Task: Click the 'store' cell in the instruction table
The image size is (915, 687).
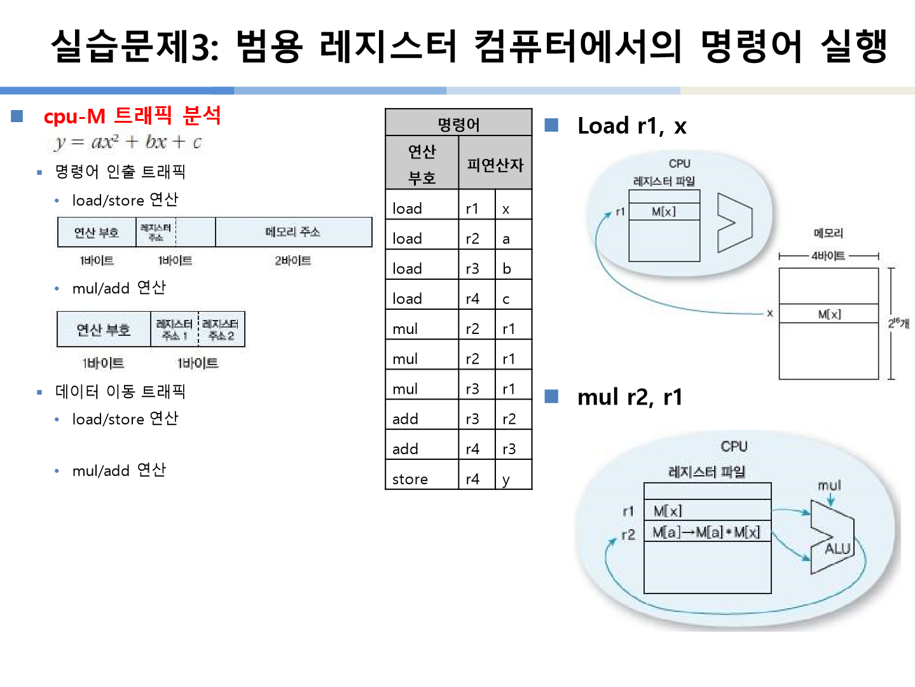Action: point(410,479)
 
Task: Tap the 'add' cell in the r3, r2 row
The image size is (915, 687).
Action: point(405,419)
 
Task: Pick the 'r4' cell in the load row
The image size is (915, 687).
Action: point(472,298)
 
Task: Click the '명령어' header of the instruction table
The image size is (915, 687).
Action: point(458,123)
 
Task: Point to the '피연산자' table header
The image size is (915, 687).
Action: point(495,165)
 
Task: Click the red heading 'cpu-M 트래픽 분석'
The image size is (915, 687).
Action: point(132,116)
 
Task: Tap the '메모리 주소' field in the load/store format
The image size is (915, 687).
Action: point(292,232)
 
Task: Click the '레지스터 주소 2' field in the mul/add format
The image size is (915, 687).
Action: point(221,330)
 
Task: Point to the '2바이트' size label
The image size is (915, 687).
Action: point(292,260)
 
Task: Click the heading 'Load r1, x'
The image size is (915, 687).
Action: point(631,126)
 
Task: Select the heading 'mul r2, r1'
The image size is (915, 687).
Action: point(629,397)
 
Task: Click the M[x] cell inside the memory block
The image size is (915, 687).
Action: point(829,314)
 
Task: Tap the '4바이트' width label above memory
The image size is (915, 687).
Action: point(828,256)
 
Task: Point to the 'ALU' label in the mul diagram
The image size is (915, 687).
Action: point(837,548)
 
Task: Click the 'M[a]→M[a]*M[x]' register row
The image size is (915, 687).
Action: point(706,532)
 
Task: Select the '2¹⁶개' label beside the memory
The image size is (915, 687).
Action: point(898,323)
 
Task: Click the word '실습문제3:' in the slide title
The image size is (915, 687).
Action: point(134,46)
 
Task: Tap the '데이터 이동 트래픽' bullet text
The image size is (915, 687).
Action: point(120,391)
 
